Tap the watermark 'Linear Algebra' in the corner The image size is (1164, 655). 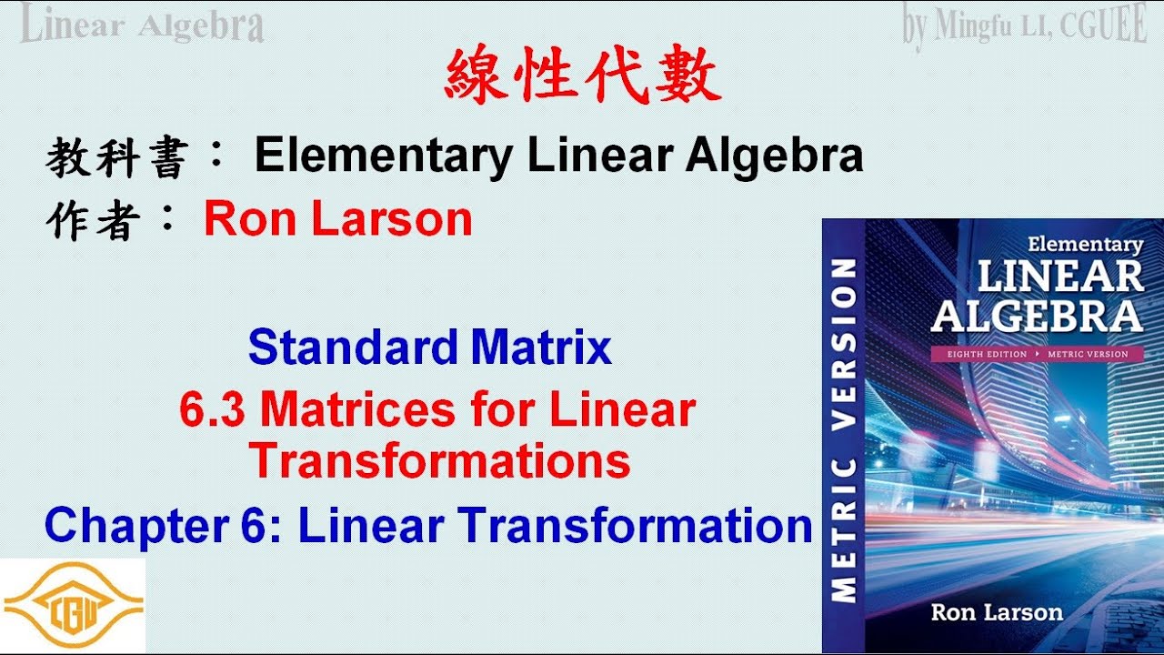[x=142, y=25]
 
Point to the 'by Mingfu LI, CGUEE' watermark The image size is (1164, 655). [x=1024, y=26]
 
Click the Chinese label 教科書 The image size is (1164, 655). [x=115, y=159]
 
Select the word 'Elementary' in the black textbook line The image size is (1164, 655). [x=383, y=156]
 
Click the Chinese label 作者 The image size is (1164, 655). [x=92, y=221]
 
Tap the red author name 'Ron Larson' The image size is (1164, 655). [x=337, y=219]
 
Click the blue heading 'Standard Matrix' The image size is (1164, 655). [x=429, y=348]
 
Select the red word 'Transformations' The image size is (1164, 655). [x=439, y=460]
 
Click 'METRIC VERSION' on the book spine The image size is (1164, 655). [x=844, y=430]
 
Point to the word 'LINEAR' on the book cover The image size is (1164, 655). [x=1060, y=277]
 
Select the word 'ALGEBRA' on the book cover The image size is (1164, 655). [x=1037, y=317]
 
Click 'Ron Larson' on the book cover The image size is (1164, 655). [x=997, y=611]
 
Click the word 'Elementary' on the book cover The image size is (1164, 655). [x=1084, y=244]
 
